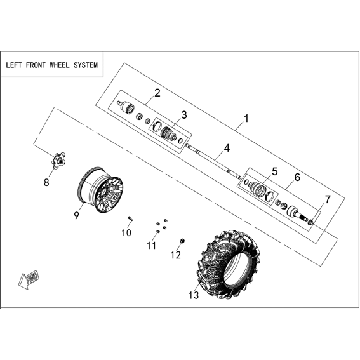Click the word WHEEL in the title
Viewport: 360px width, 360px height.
(60, 65)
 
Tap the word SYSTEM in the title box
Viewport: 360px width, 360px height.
(86, 65)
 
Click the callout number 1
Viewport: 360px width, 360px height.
(246, 119)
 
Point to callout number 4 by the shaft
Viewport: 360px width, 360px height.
(227, 149)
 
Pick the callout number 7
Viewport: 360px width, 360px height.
(328, 199)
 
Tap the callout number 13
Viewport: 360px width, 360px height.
(194, 295)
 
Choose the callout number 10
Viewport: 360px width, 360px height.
(126, 233)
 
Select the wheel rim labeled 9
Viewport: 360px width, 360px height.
(101, 190)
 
